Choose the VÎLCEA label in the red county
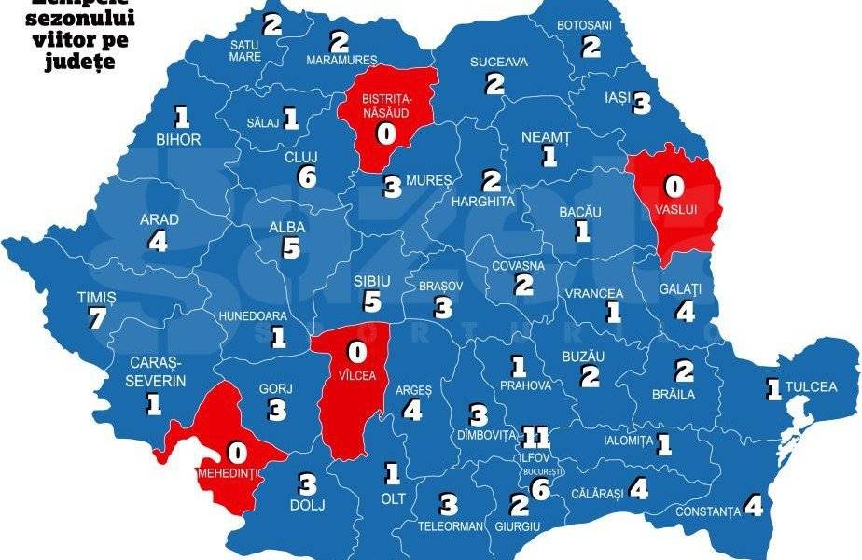(355, 381)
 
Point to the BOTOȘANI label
(583, 25)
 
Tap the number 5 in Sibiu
(372, 301)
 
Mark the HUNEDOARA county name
(253, 316)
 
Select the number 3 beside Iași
(641, 104)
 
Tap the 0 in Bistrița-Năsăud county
(384, 133)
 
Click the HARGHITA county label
(482, 201)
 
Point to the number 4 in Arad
(158, 242)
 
